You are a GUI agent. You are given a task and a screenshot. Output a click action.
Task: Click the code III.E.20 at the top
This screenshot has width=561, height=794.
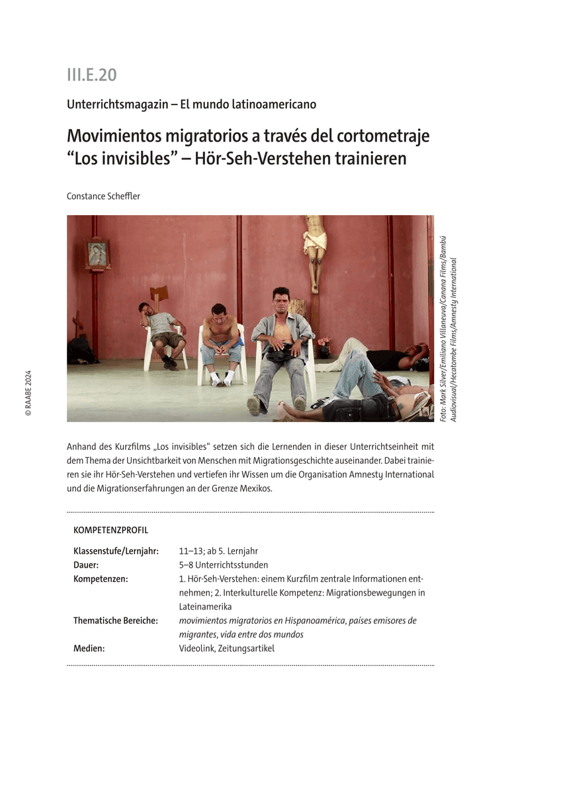91,75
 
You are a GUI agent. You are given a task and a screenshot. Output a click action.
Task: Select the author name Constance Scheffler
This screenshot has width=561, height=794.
103,196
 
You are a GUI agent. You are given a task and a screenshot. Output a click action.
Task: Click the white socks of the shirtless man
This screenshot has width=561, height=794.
222,378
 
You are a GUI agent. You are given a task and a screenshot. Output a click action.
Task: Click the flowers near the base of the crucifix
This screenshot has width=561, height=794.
324,344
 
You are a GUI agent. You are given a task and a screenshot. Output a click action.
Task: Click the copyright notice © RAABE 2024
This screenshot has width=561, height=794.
28,392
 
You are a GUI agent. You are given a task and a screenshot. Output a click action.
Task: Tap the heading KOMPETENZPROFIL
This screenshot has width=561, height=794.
110,530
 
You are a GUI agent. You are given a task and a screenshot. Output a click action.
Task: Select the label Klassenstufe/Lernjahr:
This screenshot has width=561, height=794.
116,551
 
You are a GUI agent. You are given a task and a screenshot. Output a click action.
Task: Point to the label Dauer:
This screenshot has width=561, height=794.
86,565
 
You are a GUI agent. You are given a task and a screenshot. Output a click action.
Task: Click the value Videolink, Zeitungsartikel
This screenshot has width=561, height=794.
226,648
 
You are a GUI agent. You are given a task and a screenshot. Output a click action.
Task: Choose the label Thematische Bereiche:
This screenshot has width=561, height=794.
115,621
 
